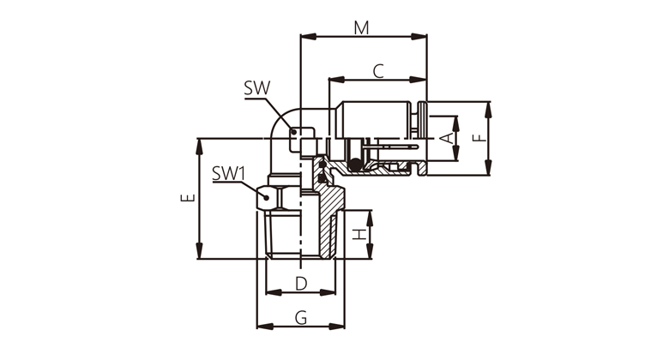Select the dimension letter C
[x=377, y=72]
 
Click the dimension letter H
[x=361, y=233]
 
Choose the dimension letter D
[x=300, y=283]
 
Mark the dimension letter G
[x=300, y=318]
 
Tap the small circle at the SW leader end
[x=294, y=132]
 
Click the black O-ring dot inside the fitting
[x=353, y=165]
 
